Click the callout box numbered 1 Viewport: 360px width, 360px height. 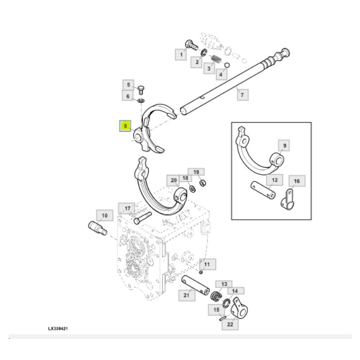[181, 53]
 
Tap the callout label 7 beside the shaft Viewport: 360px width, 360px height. [242, 94]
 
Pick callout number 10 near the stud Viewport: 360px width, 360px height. [104, 215]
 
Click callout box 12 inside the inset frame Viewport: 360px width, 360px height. [274, 180]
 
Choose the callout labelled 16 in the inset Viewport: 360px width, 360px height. [296, 181]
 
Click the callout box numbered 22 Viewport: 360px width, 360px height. [230, 325]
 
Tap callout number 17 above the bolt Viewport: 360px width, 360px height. [125, 208]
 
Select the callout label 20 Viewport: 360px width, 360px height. [174, 180]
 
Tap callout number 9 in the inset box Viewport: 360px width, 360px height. [284, 146]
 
